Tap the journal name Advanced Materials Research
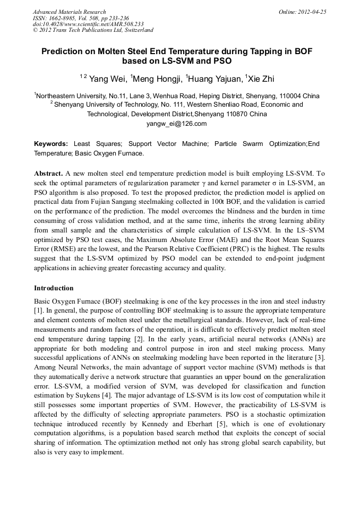pyautogui.click(x=69, y=12)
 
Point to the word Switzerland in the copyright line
pyautogui.click(x=138, y=30)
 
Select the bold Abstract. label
pyautogui.click(x=49, y=174)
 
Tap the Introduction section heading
pyautogui.click(x=54, y=288)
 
